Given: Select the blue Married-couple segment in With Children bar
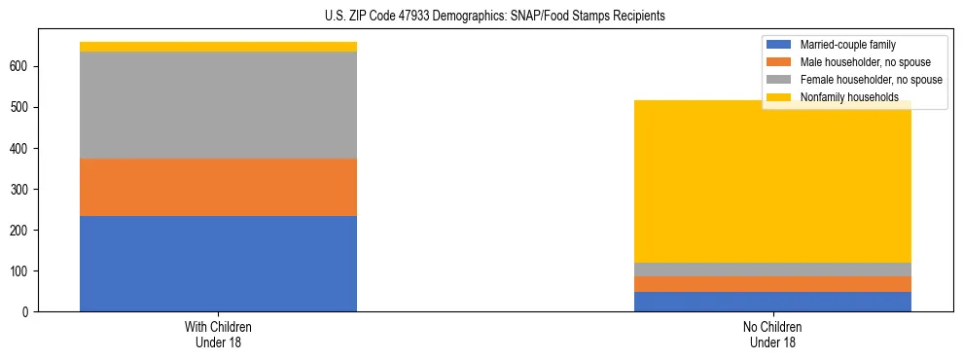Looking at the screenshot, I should point(218,264).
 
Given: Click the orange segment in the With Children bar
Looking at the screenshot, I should point(218,187).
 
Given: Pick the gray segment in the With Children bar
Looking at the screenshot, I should point(218,105).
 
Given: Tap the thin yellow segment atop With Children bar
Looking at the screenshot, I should point(218,47).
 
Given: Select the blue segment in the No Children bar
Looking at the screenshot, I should point(772,302).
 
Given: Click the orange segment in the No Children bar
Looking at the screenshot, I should point(772,284).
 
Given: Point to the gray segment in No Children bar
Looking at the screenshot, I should point(772,270).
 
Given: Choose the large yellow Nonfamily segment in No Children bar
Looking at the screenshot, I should point(772,185).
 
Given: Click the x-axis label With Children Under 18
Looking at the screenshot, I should point(218,334).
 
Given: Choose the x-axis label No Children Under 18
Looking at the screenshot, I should point(772,334).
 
